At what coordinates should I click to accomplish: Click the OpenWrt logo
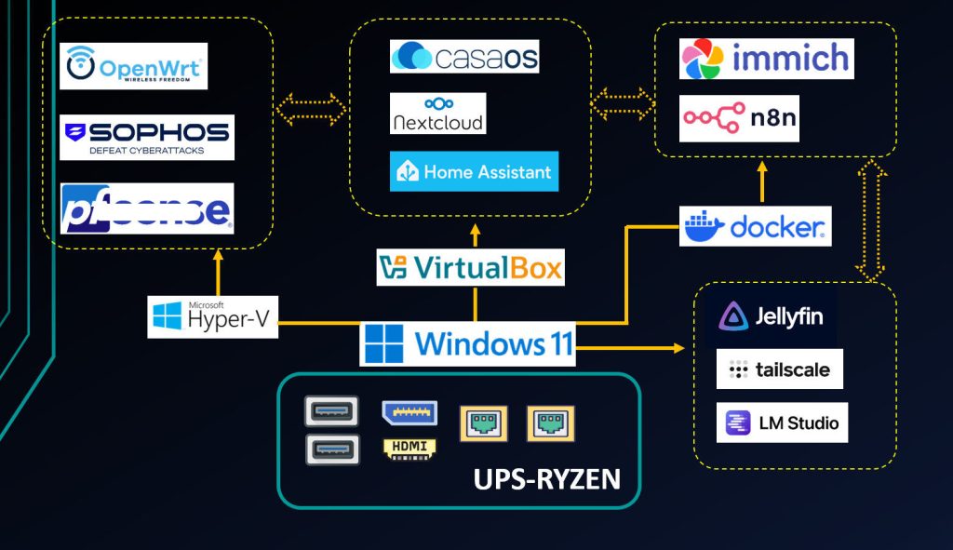pos(133,66)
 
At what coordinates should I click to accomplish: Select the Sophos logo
pos(146,137)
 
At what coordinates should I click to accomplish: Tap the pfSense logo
pos(146,208)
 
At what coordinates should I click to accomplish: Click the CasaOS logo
pos(464,56)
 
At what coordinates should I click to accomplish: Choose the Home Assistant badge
pos(474,171)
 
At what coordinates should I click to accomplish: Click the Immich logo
pos(766,59)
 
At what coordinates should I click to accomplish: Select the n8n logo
pos(739,118)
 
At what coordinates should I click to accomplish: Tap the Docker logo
pos(755,226)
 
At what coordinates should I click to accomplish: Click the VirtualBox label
pos(470,268)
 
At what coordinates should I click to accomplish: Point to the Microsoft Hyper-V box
pos(212,316)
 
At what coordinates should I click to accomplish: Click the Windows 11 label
pos(467,343)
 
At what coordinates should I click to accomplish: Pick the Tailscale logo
pos(779,369)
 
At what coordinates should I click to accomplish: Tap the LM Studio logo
pos(782,423)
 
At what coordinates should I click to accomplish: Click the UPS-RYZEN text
pos(546,479)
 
